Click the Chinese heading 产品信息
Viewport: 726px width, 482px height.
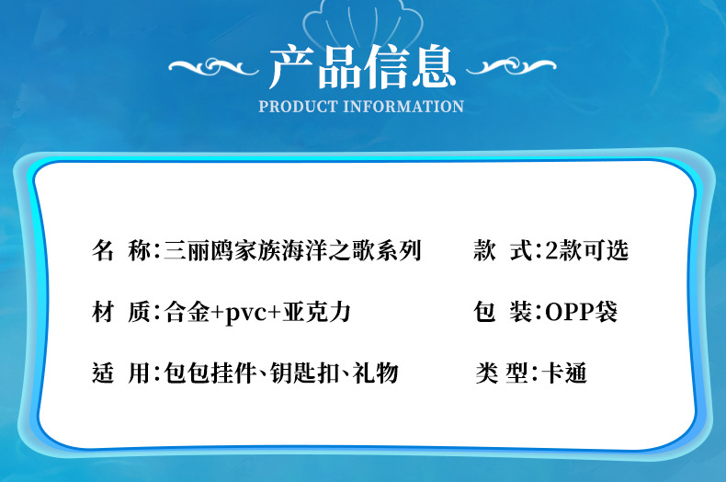[362, 67]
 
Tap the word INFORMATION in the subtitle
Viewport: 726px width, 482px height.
[403, 107]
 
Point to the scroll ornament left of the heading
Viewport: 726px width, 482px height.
[213, 66]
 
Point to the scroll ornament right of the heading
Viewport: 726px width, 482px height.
[511, 66]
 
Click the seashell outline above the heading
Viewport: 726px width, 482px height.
[362, 22]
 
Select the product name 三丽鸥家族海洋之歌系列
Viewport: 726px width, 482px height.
[292, 250]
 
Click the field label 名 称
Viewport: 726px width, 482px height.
[121, 250]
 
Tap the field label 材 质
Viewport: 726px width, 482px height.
[121, 312]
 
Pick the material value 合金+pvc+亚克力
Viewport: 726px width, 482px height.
[257, 312]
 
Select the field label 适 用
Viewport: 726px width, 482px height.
[121, 373]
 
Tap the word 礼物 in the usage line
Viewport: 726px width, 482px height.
[375, 373]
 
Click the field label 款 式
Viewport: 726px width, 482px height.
[503, 250]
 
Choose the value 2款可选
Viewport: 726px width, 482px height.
[586, 250]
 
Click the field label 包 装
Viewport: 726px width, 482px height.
[503, 312]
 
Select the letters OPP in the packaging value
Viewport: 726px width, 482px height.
[570, 312]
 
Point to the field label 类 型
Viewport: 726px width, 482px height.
[502, 373]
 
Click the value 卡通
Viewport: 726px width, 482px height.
[564, 373]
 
